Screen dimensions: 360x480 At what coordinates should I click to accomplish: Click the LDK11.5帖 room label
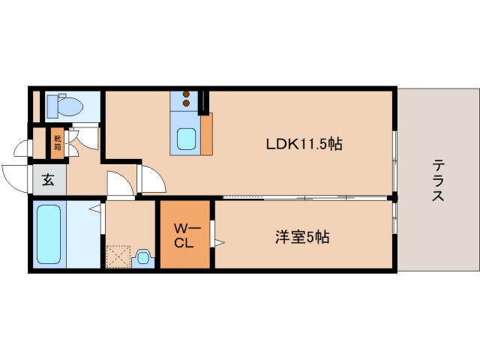click(304, 144)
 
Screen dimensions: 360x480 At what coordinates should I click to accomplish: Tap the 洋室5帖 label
click(300, 238)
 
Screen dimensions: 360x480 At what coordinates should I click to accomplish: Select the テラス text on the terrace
click(438, 181)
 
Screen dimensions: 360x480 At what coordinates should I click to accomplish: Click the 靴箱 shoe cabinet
click(57, 144)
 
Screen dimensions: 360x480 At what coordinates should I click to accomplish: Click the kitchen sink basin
click(187, 139)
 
